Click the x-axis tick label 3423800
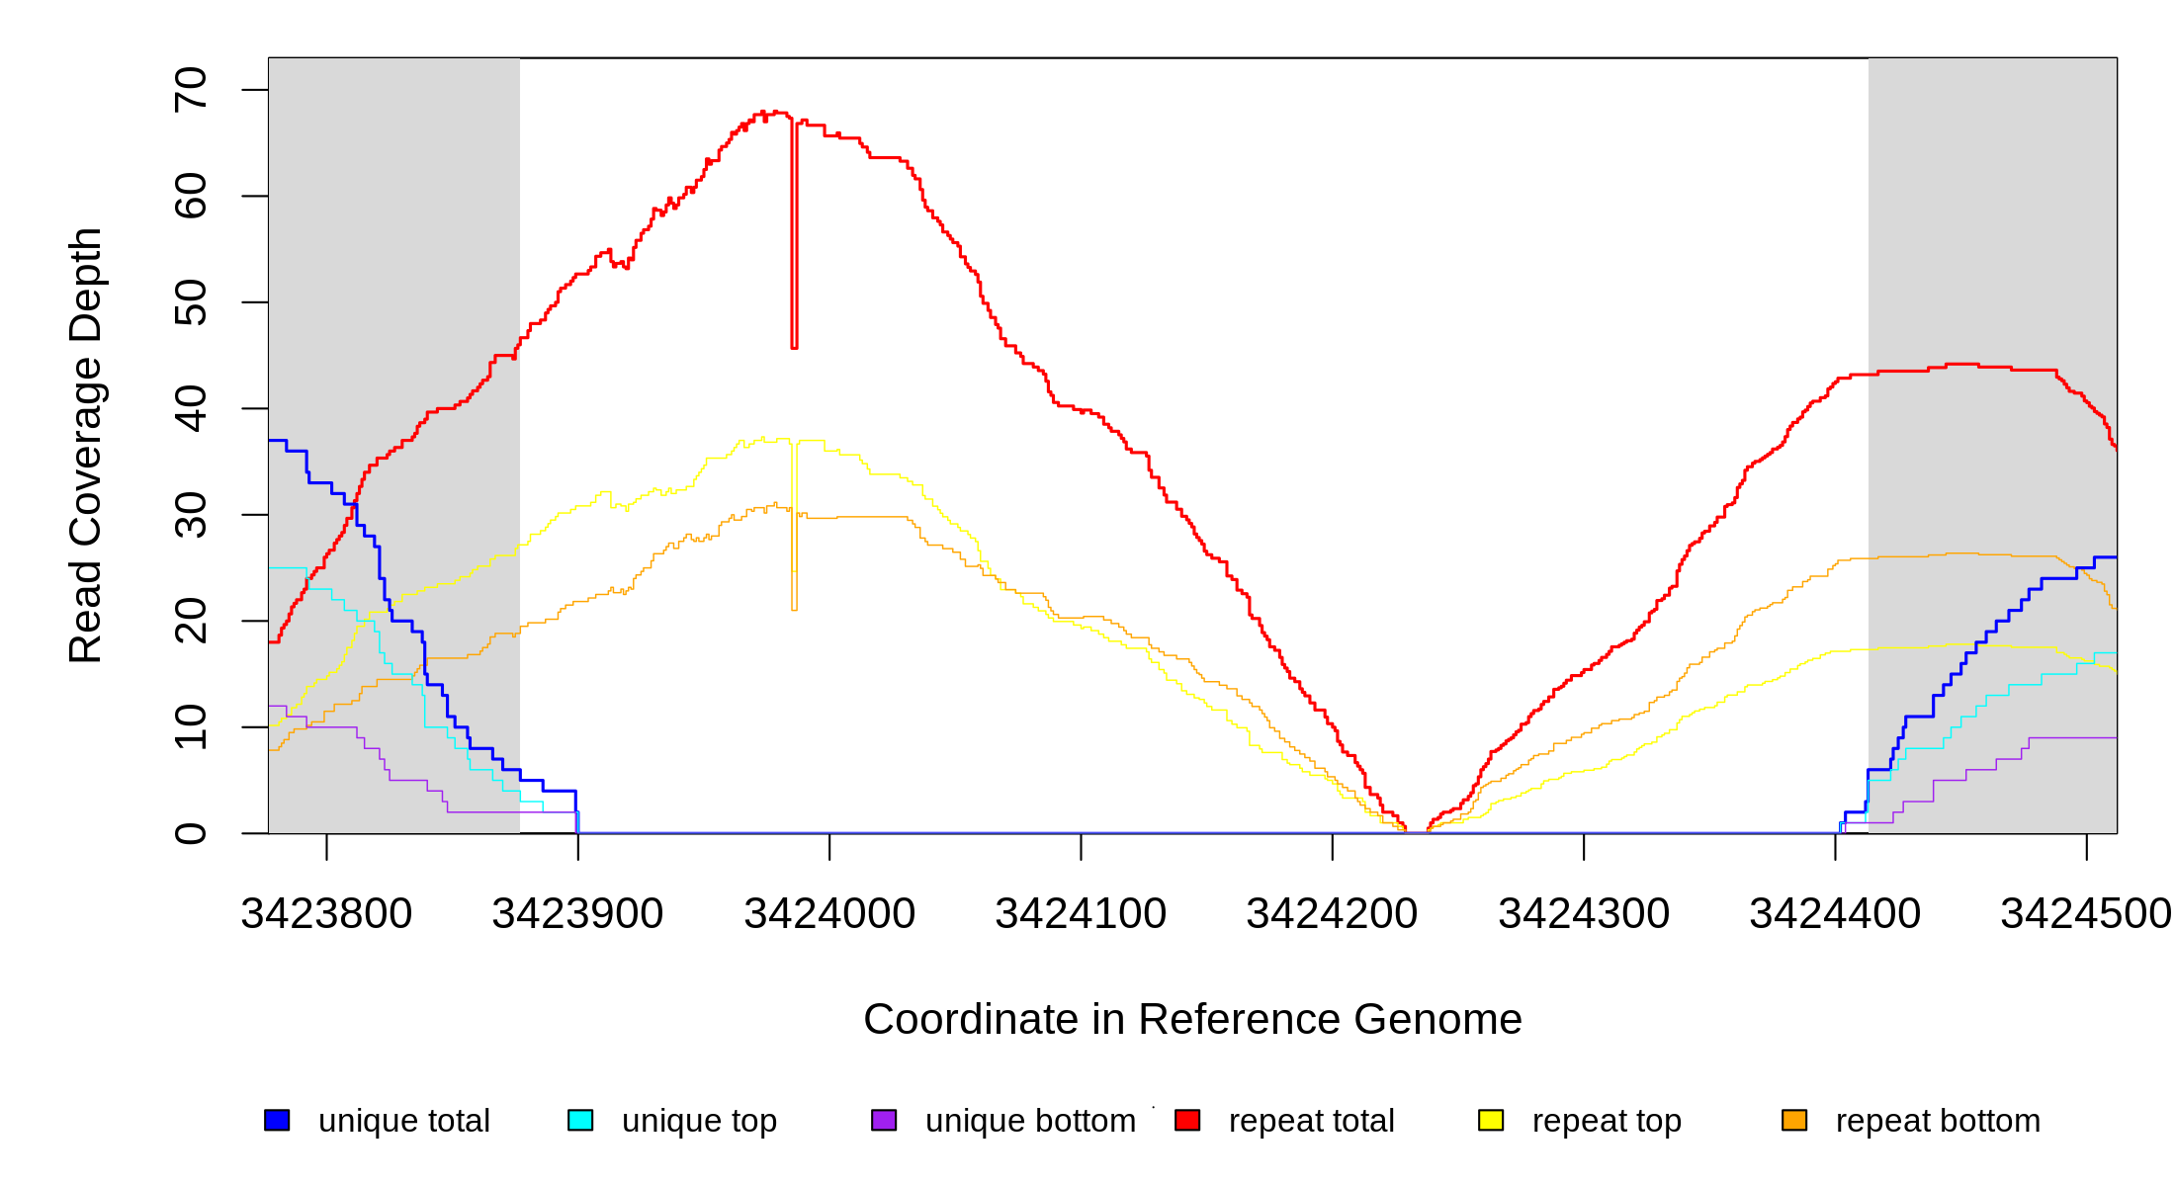click(x=326, y=914)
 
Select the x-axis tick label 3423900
click(x=577, y=914)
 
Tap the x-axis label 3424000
click(x=829, y=914)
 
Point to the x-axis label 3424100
click(x=1081, y=914)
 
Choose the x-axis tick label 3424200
click(x=1332, y=914)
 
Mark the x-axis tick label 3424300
click(x=1584, y=914)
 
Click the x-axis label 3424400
click(x=1835, y=914)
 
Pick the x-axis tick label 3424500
click(x=2085, y=914)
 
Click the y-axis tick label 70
click(x=191, y=90)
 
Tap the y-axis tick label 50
click(x=191, y=302)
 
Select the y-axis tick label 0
click(x=191, y=833)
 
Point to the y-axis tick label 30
click(x=191, y=515)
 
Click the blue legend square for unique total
click(x=277, y=1120)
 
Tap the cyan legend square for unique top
click(x=580, y=1120)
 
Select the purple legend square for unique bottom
click(x=884, y=1120)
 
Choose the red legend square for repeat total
click(x=1187, y=1120)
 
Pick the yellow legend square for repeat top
click(x=1491, y=1120)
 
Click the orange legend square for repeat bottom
click(x=1794, y=1120)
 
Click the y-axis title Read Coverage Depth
click(x=86, y=445)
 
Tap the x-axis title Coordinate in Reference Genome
click(x=1192, y=1019)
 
